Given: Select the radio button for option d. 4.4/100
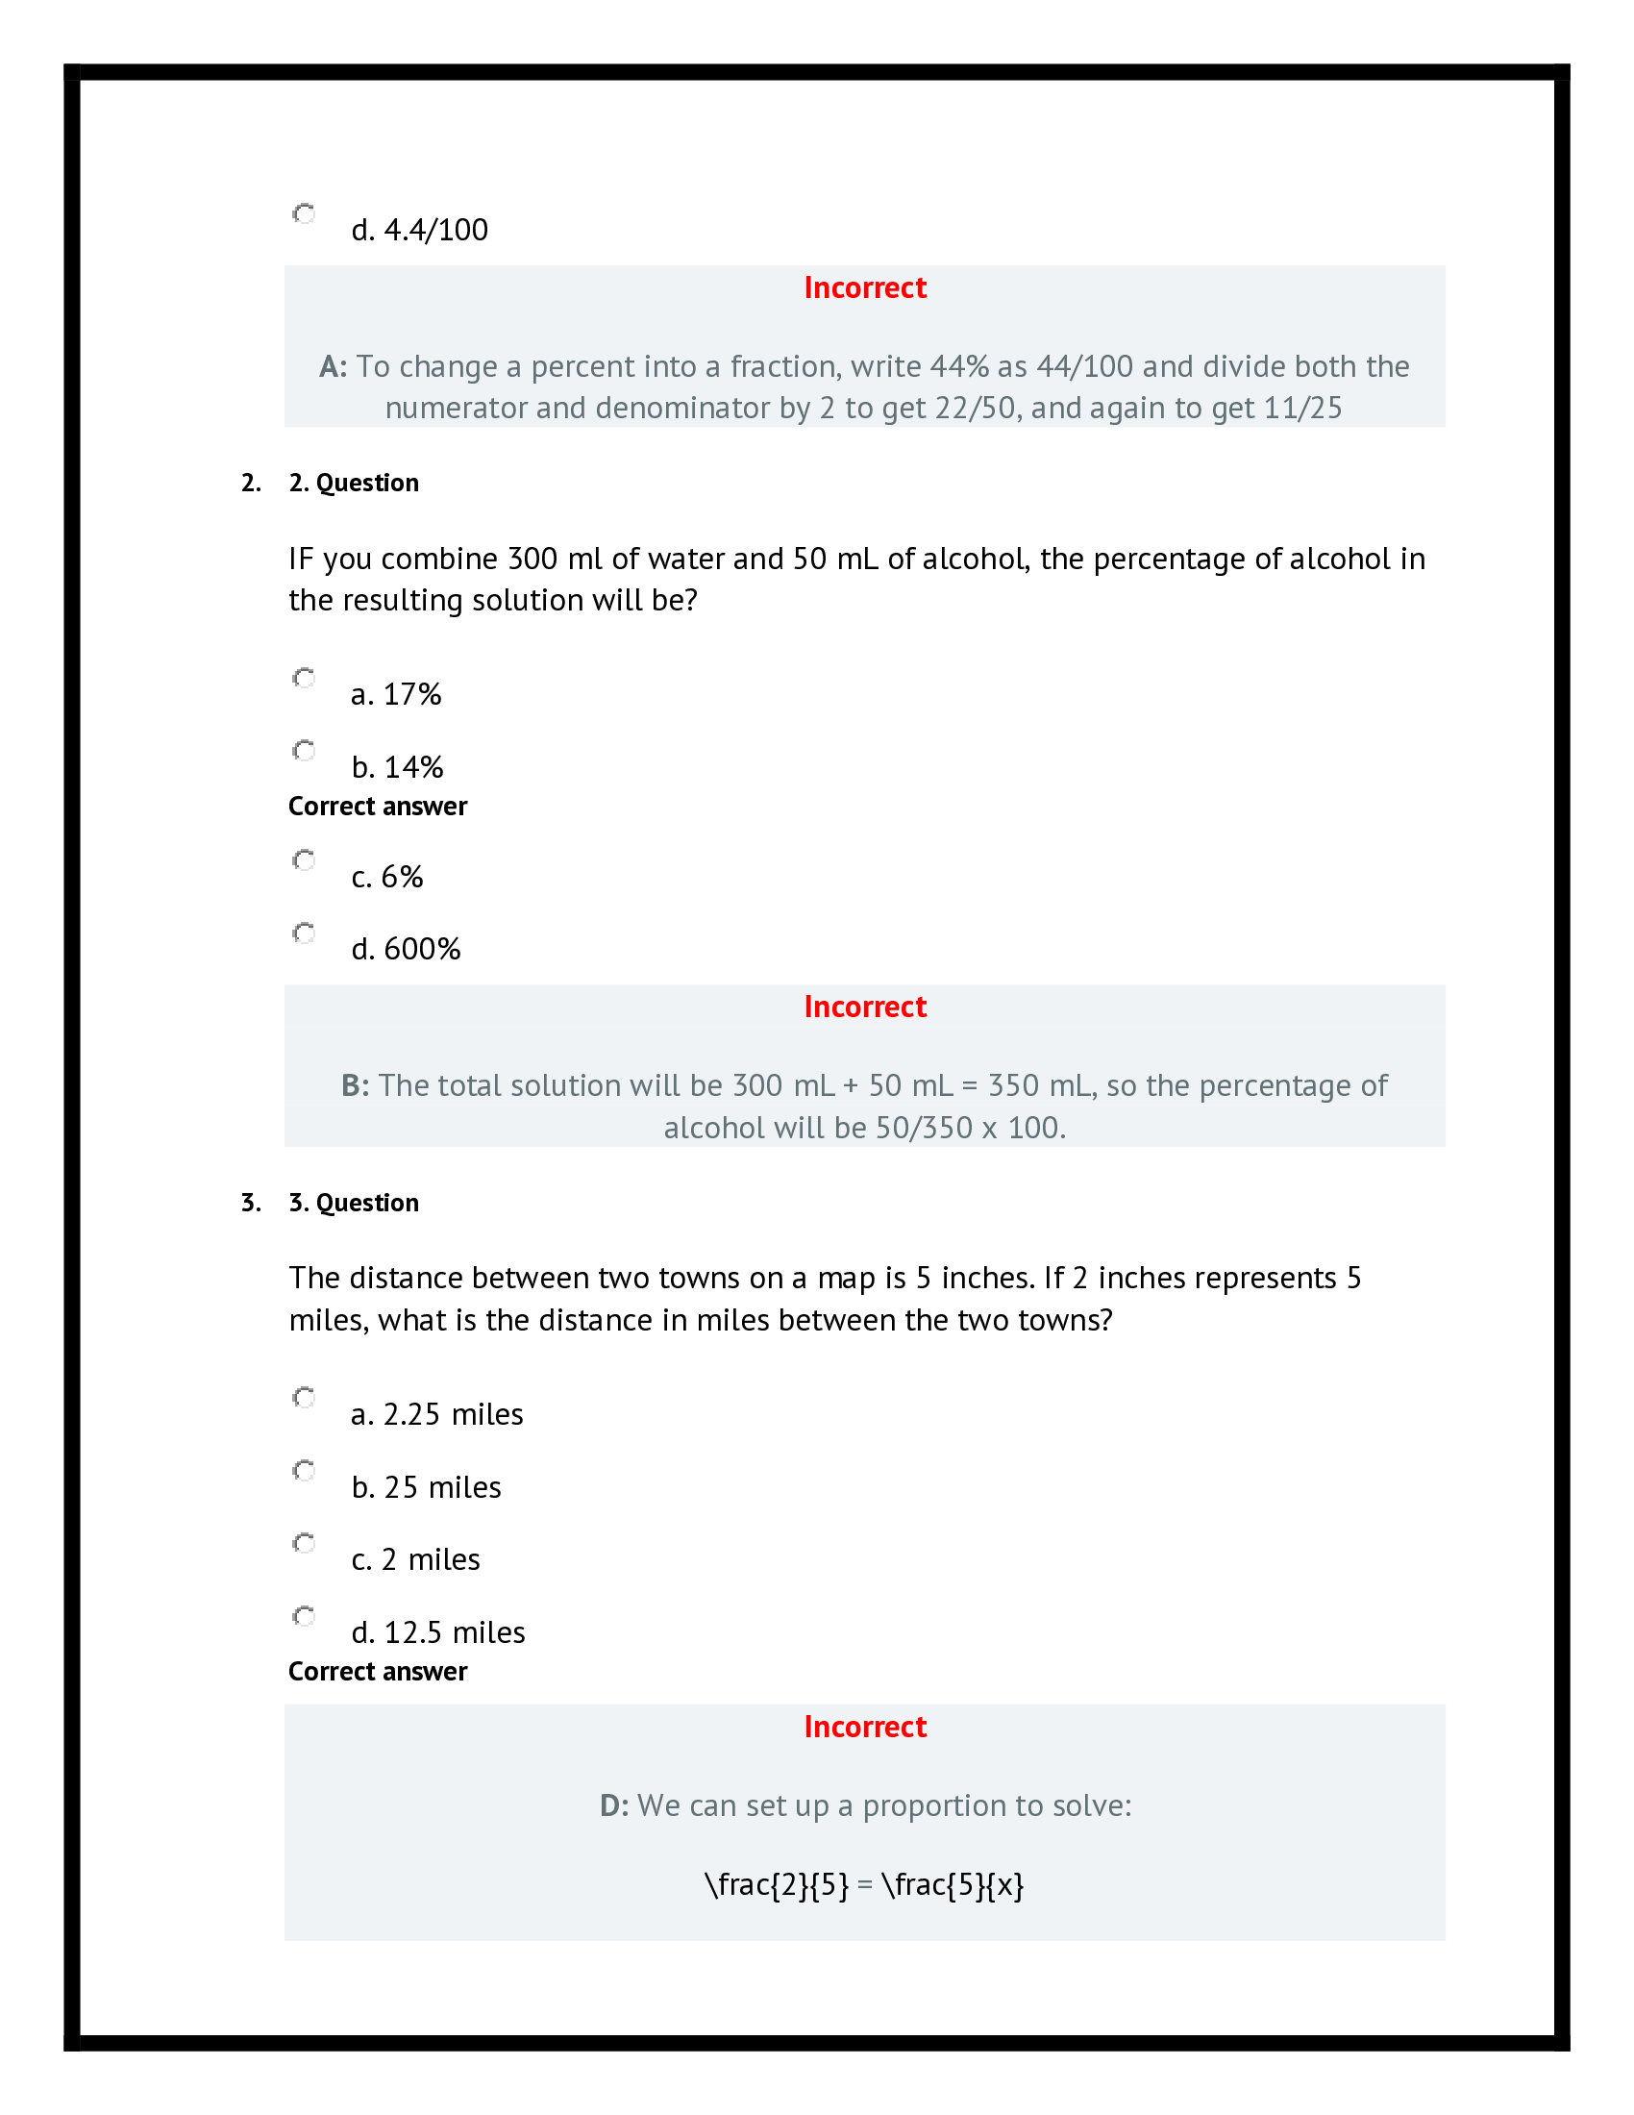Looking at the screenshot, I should click(304, 213).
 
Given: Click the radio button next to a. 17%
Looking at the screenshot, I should click(304, 678).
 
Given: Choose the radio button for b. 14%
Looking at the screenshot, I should click(304, 751).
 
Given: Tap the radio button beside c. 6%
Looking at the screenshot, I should click(304, 860).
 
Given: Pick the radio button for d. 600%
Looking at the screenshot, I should click(304, 933).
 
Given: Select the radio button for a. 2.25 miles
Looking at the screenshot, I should click(304, 1398).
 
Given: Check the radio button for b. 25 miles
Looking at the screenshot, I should click(304, 1471).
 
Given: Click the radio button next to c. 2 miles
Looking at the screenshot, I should click(304, 1543).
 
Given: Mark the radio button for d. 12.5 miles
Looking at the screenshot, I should click(304, 1616).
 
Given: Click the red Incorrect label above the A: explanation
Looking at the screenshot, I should click(864, 287).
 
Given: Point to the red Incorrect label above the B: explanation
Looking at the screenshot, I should click(864, 1008).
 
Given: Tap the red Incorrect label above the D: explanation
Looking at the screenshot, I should click(864, 1727).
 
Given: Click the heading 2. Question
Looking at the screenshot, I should click(354, 483).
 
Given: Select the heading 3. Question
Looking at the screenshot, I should click(354, 1203).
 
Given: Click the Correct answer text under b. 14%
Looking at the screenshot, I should click(378, 807).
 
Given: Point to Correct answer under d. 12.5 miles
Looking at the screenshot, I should click(378, 1672).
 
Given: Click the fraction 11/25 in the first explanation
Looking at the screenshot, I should click(1302, 408).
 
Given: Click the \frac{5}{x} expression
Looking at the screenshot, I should click(953, 1885).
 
